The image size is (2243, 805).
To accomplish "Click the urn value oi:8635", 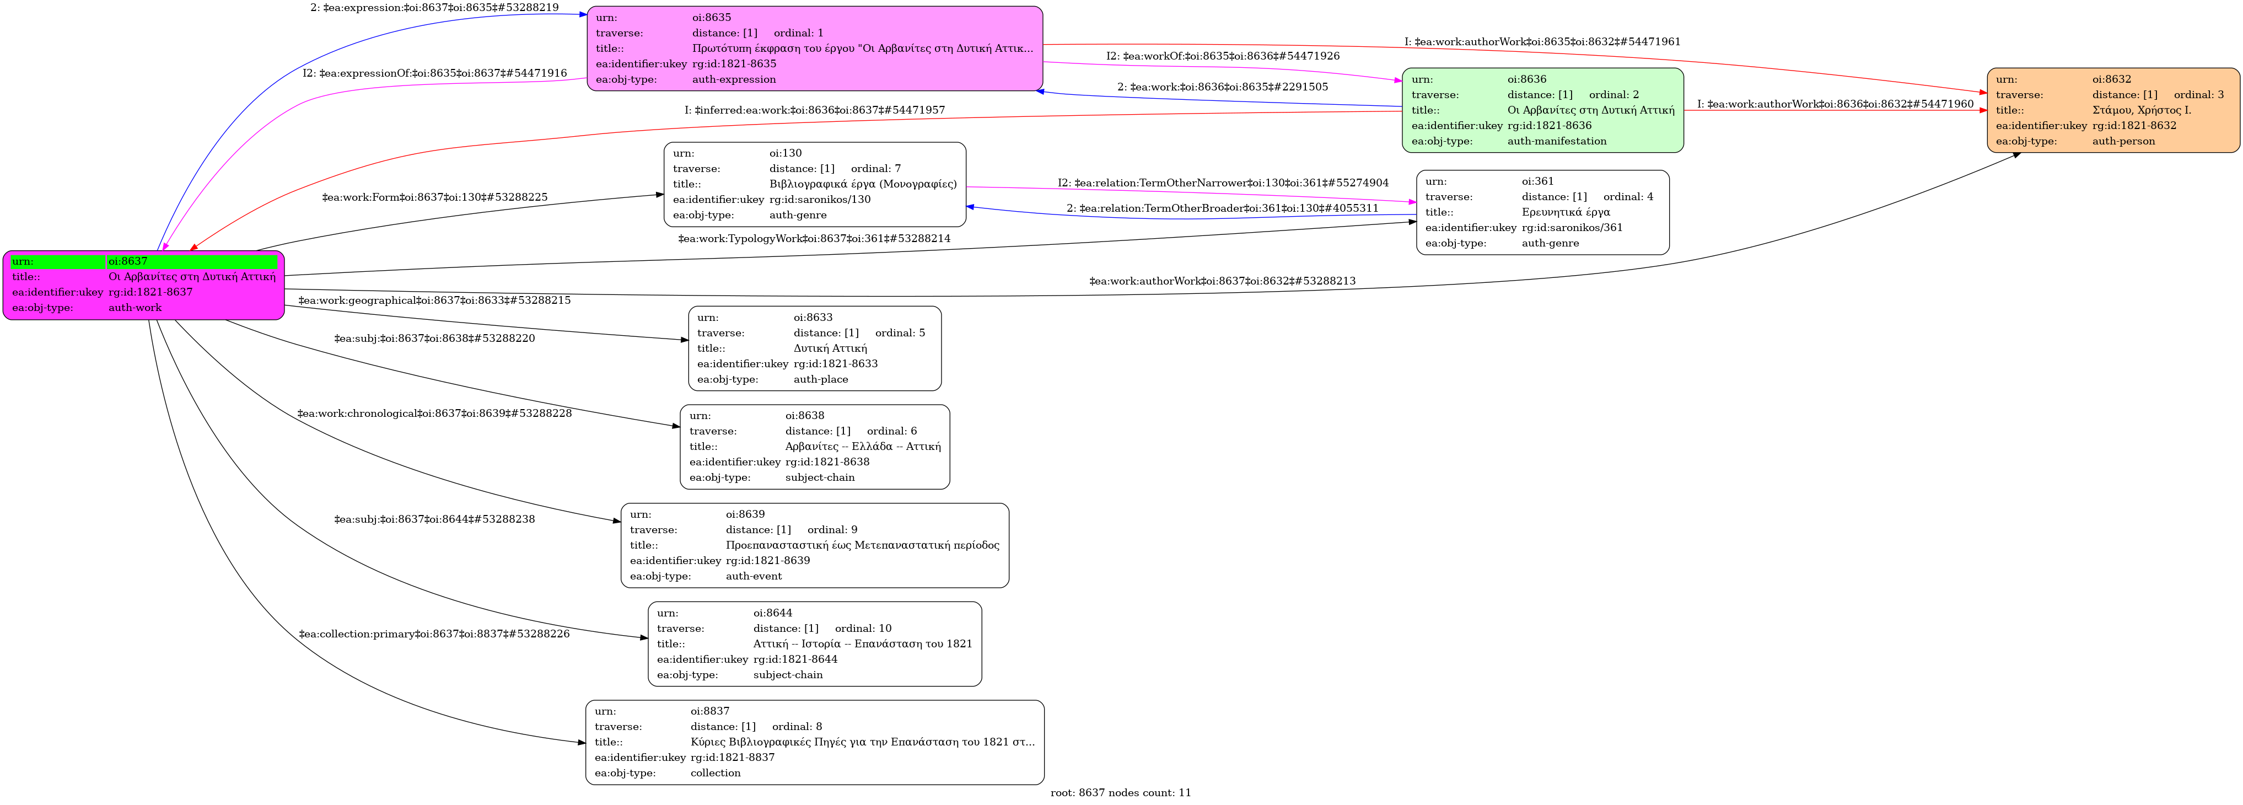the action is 712,18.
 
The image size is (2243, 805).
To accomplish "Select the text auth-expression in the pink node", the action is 734,79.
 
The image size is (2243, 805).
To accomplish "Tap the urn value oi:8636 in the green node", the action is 1527,79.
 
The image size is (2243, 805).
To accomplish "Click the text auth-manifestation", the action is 1557,141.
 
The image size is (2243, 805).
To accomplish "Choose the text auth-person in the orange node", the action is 2124,141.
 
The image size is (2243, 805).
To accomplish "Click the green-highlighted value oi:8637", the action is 128,261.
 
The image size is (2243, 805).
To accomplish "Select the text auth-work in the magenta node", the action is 135,308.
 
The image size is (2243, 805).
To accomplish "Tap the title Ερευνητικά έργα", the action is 1566,212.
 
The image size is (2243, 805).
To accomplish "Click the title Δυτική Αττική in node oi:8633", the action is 830,348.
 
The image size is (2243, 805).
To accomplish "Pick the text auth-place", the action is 820,379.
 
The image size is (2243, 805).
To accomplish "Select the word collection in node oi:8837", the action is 715,773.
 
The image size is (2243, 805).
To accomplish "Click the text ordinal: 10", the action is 863,628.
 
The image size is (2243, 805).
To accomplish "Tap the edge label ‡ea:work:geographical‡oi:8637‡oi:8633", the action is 434,300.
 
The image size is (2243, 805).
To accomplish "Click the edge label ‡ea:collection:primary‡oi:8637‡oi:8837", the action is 434,634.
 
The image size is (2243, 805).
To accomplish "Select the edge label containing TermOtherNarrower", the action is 1223,183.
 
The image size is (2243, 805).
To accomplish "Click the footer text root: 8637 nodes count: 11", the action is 1121,793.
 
